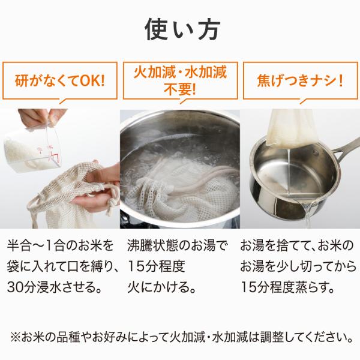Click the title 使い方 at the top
point(182,30)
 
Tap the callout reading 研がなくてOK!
point(59,80)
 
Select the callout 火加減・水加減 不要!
point(180,80)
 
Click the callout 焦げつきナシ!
point(301,80)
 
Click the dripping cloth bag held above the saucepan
point(292,128)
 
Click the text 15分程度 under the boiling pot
point(156,266)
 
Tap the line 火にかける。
point(161,287)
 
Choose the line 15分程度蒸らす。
point(287,287)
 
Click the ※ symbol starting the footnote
point(16,337)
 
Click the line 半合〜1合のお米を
point(60,246)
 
